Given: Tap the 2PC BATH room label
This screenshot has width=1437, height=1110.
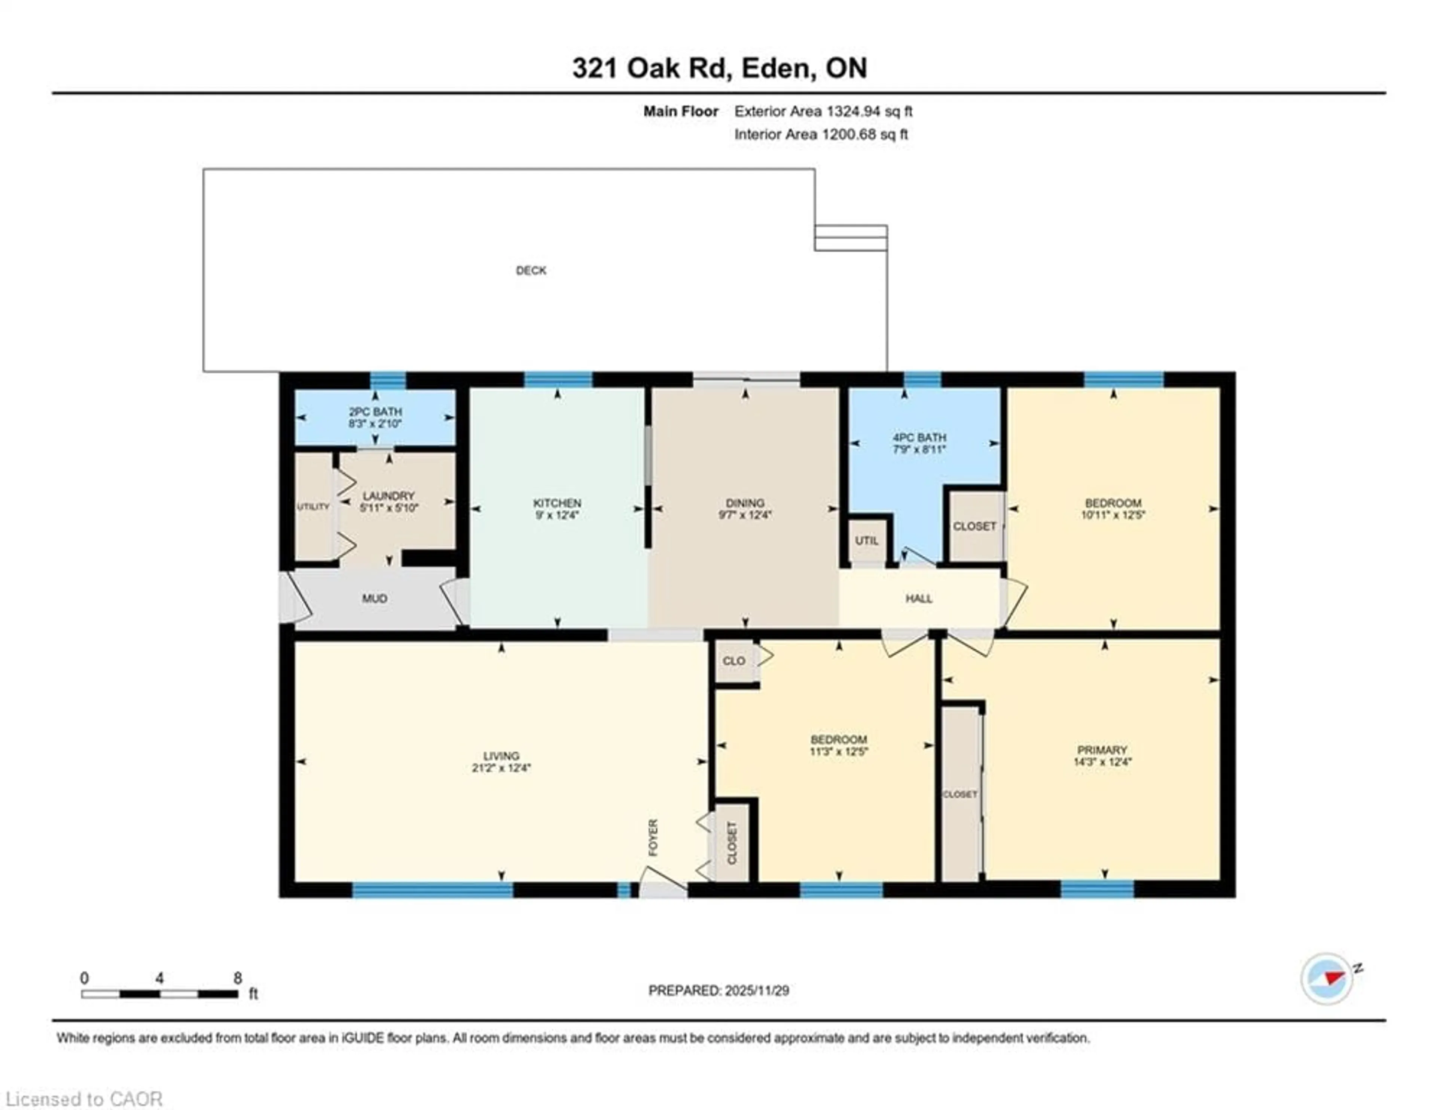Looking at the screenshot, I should [x=375, y=412].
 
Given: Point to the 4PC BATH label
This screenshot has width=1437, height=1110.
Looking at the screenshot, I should [x=919, y=437].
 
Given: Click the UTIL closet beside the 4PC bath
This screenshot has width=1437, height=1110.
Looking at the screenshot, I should [x=867, y=540].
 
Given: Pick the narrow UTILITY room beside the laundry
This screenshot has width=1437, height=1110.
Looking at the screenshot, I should [x=313, y=507].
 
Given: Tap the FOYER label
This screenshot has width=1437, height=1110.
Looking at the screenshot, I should [x=653, y=837].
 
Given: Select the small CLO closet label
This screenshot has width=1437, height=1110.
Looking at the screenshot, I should [x=733, y=660].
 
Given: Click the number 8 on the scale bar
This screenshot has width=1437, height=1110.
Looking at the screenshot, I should [x=238, y=978].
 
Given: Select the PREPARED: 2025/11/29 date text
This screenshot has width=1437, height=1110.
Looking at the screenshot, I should [x=718, y=990].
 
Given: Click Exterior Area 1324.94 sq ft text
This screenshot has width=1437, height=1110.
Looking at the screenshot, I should [x=823, y=111].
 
